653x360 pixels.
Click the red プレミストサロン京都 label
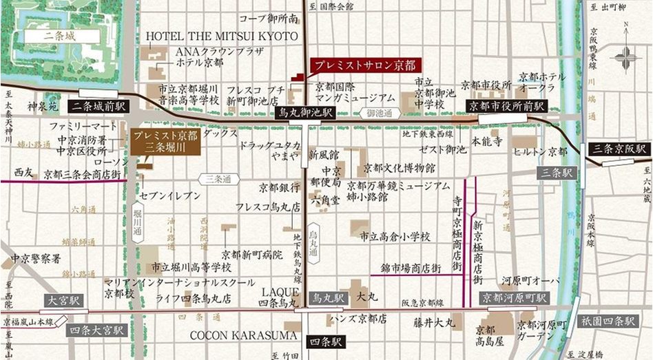[x=366, y=66]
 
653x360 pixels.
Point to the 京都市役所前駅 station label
[x=506, y=106]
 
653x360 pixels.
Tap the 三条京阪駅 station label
[x=622, y=148]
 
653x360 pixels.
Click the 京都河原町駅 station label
[x=515, y=298]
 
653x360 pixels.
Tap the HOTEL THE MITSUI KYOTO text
[x=222, y=36]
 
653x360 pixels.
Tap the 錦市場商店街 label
[x=411, y=268]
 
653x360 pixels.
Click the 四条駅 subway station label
[x=322, y=339]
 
